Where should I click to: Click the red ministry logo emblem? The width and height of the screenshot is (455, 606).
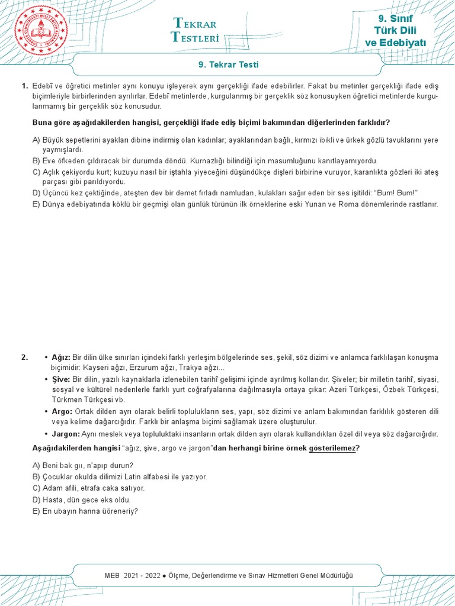point(39,31)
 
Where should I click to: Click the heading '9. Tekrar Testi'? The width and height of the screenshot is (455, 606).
point(227,65)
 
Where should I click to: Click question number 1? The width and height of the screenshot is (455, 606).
point(24,86)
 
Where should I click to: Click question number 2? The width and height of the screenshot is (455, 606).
point(24,357)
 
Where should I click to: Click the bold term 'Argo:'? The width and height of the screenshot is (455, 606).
point(62,411)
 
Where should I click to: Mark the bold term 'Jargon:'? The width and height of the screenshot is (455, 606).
point(67,434)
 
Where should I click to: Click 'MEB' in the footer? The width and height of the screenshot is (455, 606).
point(111,575)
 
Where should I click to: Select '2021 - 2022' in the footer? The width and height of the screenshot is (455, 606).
point(143,575)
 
